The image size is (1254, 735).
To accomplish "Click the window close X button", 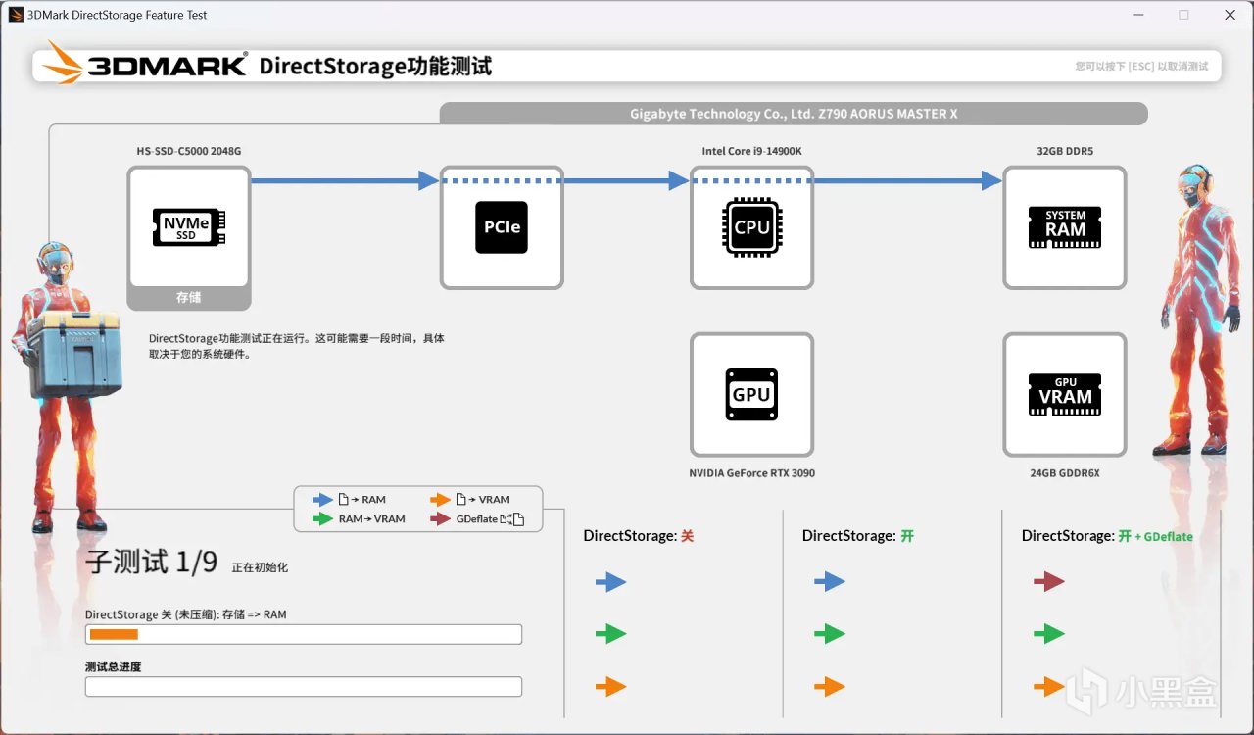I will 1230,15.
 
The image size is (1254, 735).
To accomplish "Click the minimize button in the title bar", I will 1139,15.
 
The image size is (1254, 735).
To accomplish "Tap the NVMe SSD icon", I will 188,226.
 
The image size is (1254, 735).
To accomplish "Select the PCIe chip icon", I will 502,227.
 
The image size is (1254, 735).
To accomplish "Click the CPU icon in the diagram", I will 751,227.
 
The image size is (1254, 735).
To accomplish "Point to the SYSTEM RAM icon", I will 1065,227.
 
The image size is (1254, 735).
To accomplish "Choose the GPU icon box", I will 751,394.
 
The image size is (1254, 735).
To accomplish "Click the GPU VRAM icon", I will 1065,394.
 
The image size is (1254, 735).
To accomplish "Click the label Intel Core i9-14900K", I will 751,151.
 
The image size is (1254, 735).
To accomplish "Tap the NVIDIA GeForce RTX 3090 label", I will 751,473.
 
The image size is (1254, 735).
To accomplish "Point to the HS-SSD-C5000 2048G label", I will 188,151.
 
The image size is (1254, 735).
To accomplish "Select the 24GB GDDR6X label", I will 1065,473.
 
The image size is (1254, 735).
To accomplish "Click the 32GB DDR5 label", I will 1065,151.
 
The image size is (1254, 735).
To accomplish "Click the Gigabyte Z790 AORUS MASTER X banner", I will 794,114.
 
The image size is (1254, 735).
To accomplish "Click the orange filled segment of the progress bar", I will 114,634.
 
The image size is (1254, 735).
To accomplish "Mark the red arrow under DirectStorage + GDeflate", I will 1048,582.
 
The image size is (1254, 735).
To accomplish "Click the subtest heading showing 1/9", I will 151,563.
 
